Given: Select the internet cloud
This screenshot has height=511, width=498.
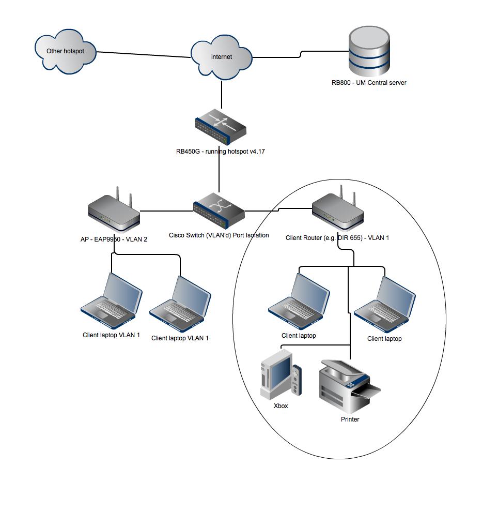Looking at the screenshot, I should point(222,57).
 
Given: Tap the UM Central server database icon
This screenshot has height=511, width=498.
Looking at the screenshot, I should point(369,51).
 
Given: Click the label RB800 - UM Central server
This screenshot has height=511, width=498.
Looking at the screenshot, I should point(369,82).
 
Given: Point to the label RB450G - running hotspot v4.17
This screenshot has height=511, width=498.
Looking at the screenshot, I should point(221,152).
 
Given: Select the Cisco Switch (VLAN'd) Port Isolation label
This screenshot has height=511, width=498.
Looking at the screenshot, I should point(219,235).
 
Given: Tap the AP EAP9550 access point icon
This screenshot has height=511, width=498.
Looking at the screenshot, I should point(114,213).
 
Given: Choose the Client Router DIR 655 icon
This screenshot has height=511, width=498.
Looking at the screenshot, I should point(338,211).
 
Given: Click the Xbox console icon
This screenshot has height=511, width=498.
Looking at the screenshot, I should point(281,375).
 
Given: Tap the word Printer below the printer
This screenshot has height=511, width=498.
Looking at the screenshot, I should point(350,419).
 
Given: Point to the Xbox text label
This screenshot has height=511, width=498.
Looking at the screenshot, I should point(281,406).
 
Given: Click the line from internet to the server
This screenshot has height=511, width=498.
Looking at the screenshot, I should point(276,57).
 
